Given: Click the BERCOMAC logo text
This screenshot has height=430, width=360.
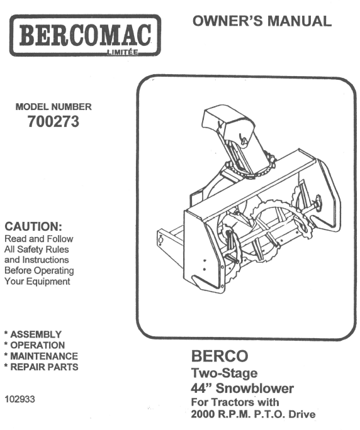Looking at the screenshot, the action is tap(85, 35).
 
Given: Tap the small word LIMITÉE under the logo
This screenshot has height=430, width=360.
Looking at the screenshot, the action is tap(123, 52).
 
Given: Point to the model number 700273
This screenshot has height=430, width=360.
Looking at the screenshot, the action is tap(53, 121).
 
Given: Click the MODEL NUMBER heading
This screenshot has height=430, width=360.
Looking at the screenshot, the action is tap(53, 107).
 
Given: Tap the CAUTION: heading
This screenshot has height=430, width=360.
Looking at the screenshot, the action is tap(33, 226).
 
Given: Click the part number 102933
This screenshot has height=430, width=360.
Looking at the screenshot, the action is tap(20, 399).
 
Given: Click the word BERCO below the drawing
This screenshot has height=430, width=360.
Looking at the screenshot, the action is tap(220, 356).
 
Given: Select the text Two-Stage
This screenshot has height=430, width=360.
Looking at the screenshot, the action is tap(224, 373).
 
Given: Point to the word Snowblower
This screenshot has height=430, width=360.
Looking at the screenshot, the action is tap(254, 389).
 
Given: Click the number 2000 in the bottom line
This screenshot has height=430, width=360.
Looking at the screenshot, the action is tap(203, 414).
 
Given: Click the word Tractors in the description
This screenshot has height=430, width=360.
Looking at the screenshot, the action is tap(233, 402).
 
